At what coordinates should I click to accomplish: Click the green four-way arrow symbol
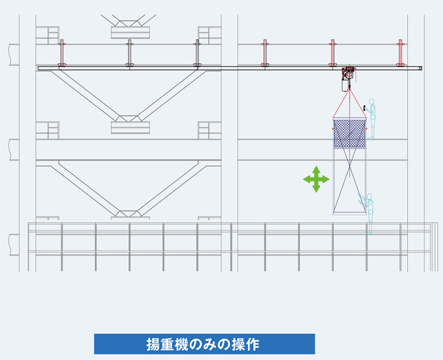(316, 179)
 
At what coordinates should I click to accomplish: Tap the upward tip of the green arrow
(316, 166)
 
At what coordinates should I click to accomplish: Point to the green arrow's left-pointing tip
(303, 179)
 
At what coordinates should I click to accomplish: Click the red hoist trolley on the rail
(349, 73)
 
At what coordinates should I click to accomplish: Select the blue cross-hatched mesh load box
(350, 133)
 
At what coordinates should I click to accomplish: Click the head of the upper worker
(372, 102)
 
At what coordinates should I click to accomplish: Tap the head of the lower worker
(369, 197)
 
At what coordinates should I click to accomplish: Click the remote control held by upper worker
(364, 108)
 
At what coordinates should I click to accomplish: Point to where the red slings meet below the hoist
(350, 90)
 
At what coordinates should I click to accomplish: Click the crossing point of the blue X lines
(350, 167)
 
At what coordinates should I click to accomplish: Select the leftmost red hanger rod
(62, 53)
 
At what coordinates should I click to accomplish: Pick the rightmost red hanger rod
(400, 53)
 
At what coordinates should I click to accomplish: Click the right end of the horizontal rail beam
(421, 68)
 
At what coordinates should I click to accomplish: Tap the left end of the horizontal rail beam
(39, 68)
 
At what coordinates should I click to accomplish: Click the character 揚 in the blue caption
(153, 344)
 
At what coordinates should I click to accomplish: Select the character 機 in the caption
(182, 344)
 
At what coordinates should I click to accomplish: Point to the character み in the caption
(210, 344)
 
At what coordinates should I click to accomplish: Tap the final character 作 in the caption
(253, 344)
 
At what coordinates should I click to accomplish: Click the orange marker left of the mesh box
(333, 128)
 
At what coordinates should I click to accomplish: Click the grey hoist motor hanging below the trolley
(344, 85)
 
